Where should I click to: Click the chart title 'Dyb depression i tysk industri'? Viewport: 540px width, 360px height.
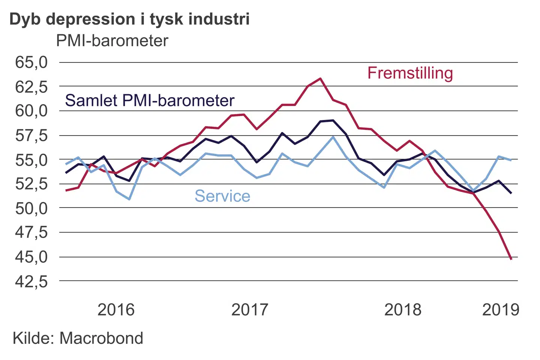pos(129,19)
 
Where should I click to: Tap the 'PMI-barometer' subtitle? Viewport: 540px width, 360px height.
pos(112,41)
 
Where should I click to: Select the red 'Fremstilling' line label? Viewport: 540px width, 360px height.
pos(410,73)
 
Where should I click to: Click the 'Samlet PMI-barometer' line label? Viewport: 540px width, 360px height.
pos(150,100)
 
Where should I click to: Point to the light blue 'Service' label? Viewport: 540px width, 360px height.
pos(222,196)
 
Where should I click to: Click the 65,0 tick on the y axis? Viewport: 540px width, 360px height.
pos(31,62)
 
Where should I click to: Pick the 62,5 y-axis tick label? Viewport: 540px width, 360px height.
pos(31,87)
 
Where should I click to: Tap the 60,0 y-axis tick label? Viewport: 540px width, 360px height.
pos(31,111)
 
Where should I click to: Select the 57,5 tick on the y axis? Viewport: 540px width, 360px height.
pos(31,135)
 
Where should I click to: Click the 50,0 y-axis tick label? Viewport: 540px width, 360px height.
pos(31,208)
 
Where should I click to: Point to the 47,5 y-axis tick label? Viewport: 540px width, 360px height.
pos(31,232)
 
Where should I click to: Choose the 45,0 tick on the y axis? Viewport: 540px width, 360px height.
pos(31,257)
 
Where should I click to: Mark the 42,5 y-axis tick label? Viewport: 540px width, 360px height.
pos(31,281)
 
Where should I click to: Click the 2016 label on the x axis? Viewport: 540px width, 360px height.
pos(116,310)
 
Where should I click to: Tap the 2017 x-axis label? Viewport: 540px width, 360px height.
pos(250,310)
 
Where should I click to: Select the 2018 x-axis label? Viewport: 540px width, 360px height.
pos(403,310)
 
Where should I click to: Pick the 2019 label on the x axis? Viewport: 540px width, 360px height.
pos(501,310)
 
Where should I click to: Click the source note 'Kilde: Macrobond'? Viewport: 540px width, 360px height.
pos(78,338)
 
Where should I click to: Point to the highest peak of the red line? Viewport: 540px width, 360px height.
pos(320,78)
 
